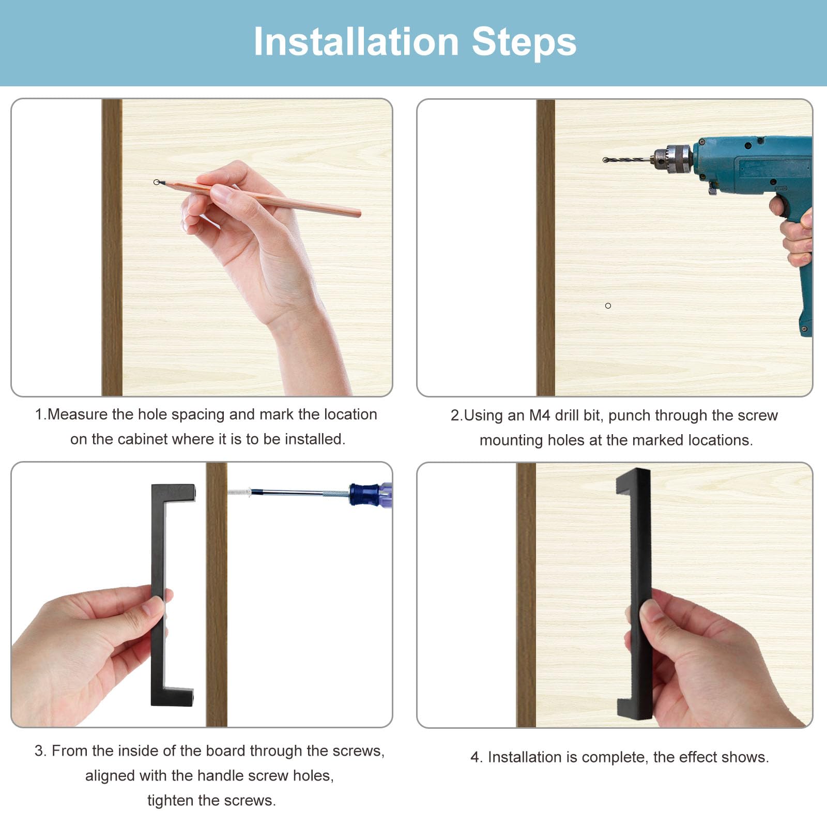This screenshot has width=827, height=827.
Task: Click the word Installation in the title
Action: [356, 42]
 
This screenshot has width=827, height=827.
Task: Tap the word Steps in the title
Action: [524, 42]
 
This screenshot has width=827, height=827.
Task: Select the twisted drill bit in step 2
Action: [628, 160]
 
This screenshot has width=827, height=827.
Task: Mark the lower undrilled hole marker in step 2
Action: [608, 306]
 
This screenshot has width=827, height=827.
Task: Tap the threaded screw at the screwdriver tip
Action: [239, 492]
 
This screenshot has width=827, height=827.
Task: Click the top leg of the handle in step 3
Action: [174, 492]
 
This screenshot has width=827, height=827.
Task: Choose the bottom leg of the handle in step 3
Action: [173, 696]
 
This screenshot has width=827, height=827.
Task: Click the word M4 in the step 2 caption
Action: [540, 415]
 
